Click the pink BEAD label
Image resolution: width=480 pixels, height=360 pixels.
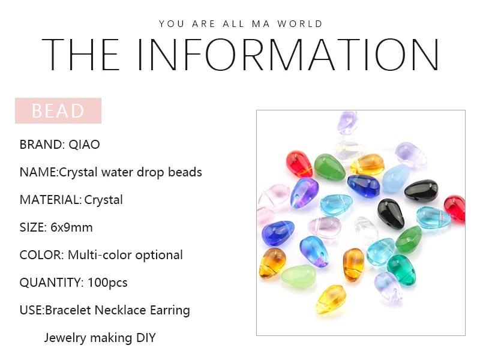coord(58,110)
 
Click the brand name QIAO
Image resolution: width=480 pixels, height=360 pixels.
coord(84,145)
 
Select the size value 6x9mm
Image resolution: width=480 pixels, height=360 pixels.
coord(71,227)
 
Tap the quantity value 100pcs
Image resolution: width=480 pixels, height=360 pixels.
coord(107,283)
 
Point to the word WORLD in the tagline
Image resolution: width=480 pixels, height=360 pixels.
coord(300,24)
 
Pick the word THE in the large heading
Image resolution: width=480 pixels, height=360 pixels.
coord(80,55)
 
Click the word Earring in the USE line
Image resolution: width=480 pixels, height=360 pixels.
coord(170,310)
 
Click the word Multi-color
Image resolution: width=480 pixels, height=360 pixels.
coord(100,255)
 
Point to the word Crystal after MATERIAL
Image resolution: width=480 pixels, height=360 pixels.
coord(103,200)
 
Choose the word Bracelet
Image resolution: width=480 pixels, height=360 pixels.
coord(68,310)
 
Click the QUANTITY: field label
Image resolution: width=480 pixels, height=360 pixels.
coord(52,283)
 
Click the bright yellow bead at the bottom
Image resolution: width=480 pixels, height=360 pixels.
coord(331,299)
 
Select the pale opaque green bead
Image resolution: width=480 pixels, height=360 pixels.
coord(298,276)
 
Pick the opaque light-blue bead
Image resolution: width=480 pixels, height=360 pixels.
coord(396,178)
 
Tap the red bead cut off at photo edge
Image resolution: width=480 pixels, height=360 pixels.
coord(455,208)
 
